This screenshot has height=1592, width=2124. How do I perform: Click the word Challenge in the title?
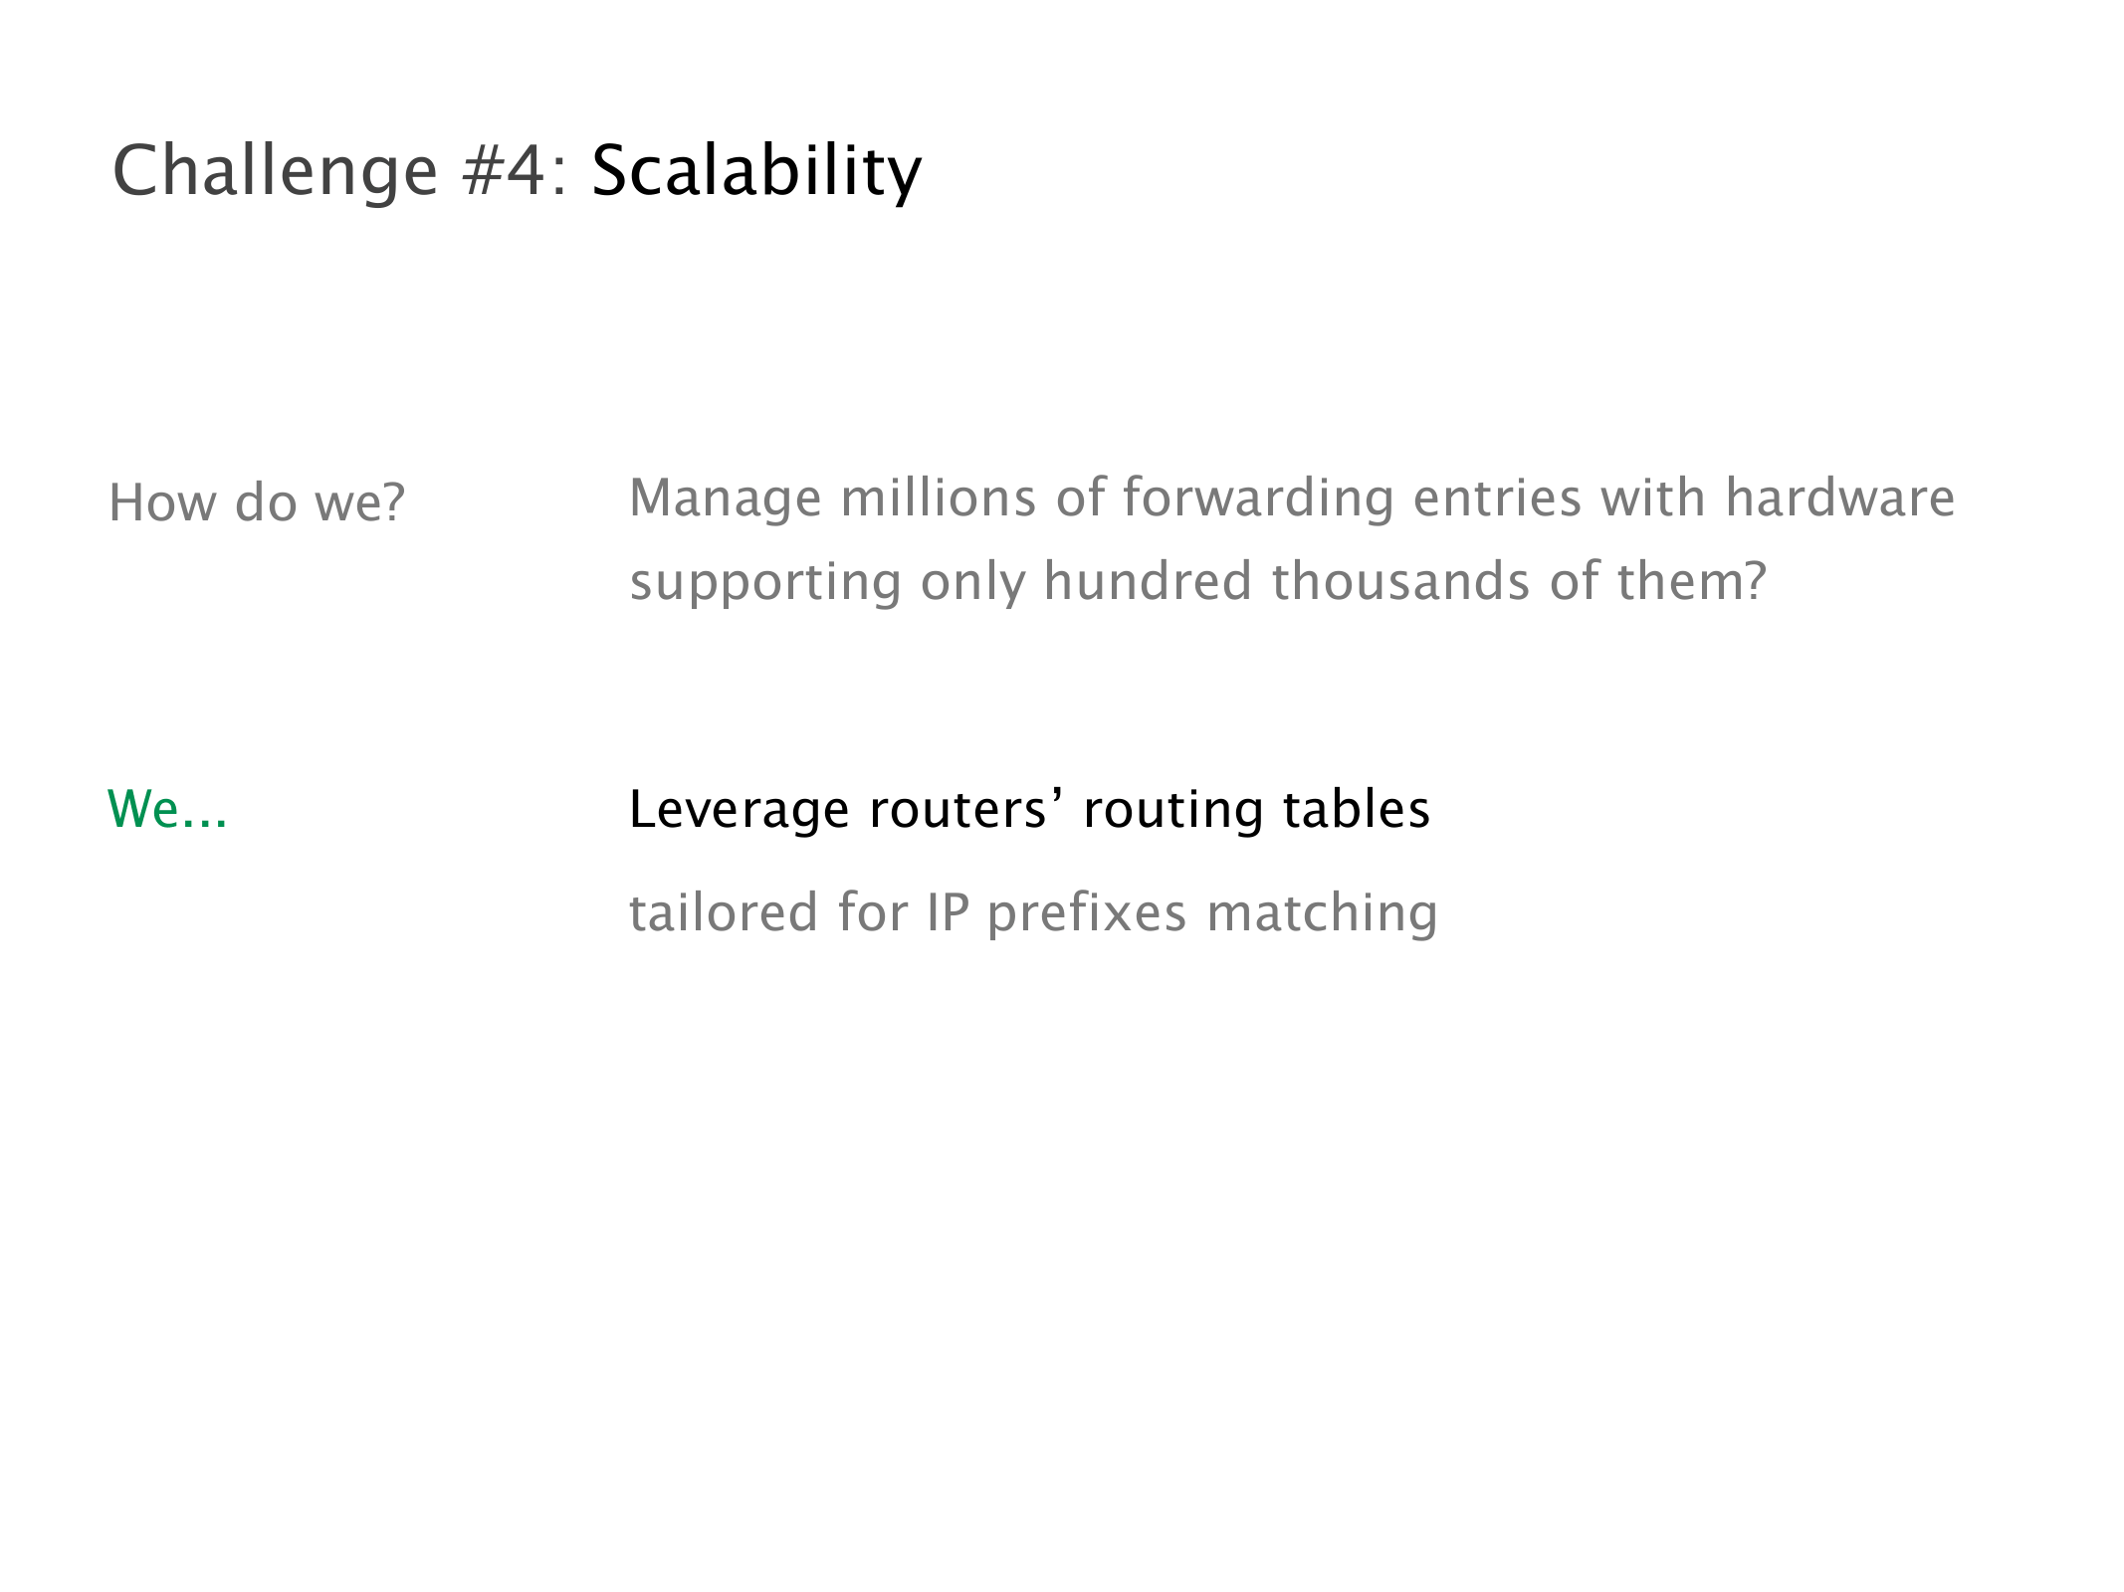pos(276,172)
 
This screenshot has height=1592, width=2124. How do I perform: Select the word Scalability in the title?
pos(756,172)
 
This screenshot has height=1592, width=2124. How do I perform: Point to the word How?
pos(162,502)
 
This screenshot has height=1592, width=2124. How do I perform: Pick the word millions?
pos(939,497)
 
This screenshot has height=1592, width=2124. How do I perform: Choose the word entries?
pos(1497,497)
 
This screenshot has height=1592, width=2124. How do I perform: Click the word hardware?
pos(1840,497)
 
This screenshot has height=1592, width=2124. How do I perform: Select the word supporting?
pos(765,583)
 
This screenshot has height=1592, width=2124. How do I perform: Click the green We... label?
pos(167,808)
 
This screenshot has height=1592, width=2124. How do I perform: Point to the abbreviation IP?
pos(948,913)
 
